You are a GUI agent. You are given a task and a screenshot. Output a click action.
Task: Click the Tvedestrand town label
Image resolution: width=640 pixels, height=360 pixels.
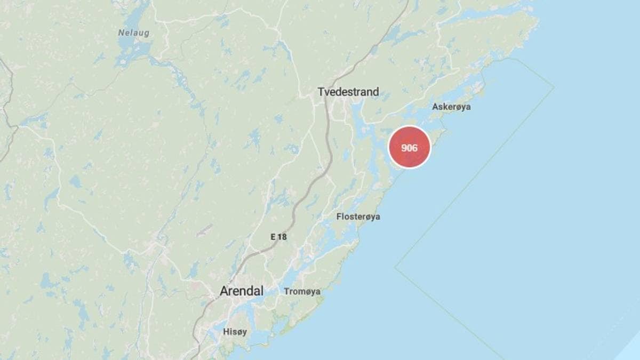348,92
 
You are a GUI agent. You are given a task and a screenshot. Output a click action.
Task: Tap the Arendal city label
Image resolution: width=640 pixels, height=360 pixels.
242,291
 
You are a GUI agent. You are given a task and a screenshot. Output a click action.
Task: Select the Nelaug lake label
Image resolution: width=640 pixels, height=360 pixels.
133,33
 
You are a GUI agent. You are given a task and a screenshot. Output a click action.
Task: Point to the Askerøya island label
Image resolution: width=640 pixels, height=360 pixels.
451,107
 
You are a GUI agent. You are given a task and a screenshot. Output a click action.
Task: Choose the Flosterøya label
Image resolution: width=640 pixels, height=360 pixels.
358,217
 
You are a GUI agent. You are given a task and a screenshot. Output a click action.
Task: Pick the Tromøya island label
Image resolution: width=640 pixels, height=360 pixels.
302,291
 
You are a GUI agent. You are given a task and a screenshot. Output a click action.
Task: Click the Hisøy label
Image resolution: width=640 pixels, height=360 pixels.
235,332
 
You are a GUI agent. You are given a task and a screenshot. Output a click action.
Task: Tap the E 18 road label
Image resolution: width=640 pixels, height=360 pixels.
278,237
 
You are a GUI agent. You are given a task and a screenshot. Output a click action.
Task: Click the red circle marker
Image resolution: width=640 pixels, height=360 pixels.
409,147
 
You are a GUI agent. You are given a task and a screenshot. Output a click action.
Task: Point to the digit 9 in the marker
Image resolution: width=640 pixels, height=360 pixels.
404,148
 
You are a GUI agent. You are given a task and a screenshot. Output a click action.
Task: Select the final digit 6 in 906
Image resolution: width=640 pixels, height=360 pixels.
414,148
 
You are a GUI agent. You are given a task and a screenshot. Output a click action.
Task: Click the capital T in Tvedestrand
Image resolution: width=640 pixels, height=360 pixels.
321,92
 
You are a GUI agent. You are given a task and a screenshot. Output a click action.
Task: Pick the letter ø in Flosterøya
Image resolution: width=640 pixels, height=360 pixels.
367,217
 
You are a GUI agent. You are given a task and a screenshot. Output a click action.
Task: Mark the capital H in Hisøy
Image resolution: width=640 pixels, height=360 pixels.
226,332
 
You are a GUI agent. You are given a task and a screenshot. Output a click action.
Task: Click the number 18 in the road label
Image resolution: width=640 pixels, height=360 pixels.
282,237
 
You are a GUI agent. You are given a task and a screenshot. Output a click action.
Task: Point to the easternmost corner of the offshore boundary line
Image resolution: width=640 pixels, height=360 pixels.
554,87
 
